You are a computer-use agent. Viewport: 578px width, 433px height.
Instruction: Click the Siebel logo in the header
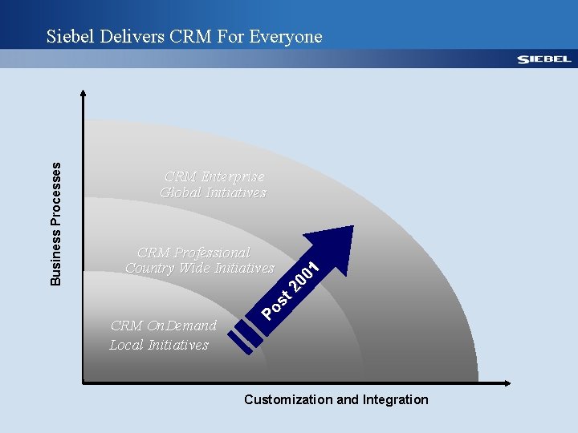tap(543, 59)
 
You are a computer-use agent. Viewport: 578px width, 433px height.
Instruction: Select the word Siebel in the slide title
tap(71, 36)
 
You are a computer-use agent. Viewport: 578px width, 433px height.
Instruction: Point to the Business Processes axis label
tap(55, 222)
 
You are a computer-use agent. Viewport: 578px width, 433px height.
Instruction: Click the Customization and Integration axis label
tap(336, 399)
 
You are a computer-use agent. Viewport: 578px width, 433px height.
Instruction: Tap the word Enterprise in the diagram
tap(233, 176)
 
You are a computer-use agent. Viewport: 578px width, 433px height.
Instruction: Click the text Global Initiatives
tap(213, 192)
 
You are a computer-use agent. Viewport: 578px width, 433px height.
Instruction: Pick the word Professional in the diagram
tap(210, 253)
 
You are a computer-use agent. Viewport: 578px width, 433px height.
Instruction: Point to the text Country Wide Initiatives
tap(200, 268)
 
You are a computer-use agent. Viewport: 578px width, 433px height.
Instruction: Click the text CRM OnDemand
tap(163, 326)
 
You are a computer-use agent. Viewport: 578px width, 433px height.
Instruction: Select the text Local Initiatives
tap(159, 345)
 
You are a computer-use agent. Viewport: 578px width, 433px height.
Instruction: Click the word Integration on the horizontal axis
tap(395, 399)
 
